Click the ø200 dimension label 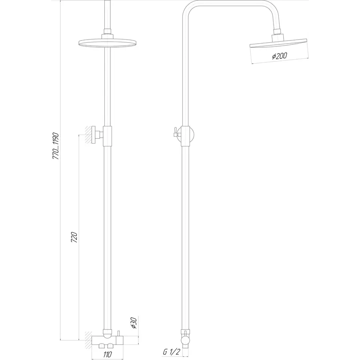(x=279, y=56)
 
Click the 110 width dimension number (x=107, y=354)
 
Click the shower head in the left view (x=107, y=42)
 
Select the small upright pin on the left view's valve (x=119, y=333)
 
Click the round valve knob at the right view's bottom (x=185, y=340)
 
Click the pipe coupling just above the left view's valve (x=107, y=332)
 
